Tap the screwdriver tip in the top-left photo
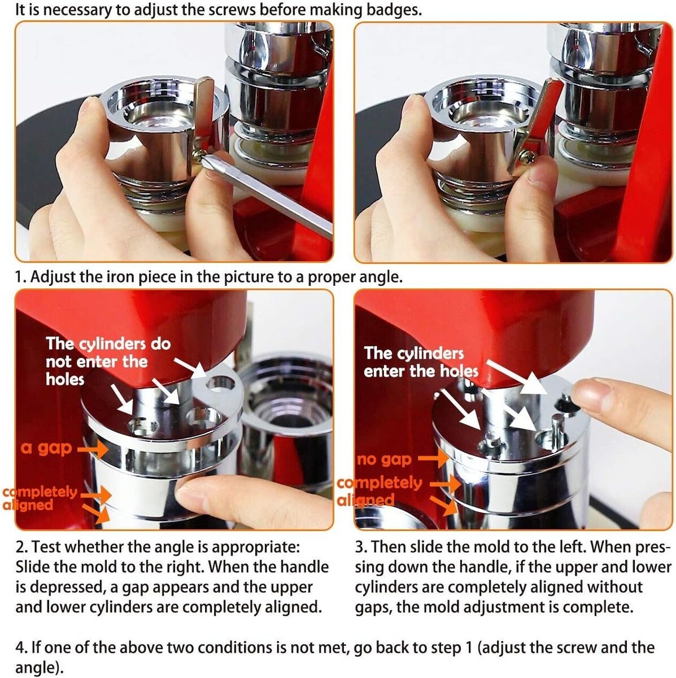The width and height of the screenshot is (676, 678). pos(204,159)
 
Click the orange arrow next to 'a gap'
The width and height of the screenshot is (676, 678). pos(93,449)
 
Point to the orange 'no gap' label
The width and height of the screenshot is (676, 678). pos(384,459)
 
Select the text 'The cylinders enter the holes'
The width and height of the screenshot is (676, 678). pos(421,362)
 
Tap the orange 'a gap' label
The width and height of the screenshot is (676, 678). pos(46,448)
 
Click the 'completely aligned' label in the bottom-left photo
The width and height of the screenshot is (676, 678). pos(40,498)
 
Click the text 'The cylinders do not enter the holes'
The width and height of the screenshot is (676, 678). pos(108,362)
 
